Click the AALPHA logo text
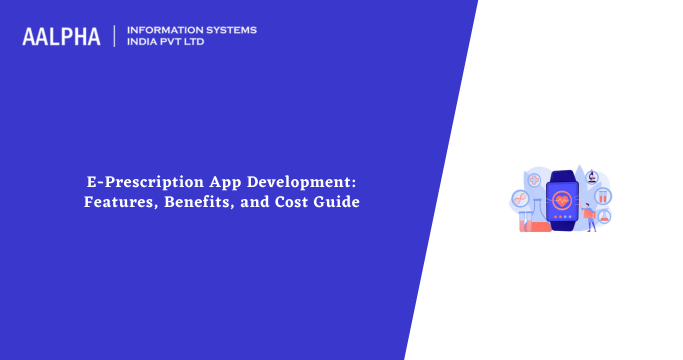pos(61,37)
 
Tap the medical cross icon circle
pos(534,181)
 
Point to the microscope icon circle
pos(592,177)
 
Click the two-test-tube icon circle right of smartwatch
pos(603,196)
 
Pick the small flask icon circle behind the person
pos(604,215)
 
